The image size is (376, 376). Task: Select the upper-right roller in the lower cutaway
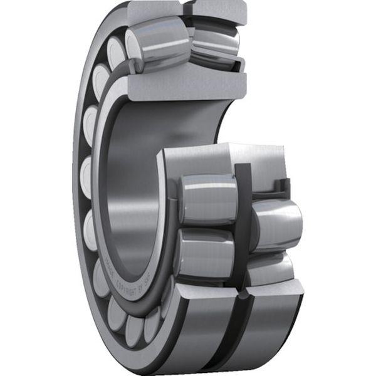coord(276,222)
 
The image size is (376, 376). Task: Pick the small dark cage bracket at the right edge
coord(285,186)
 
